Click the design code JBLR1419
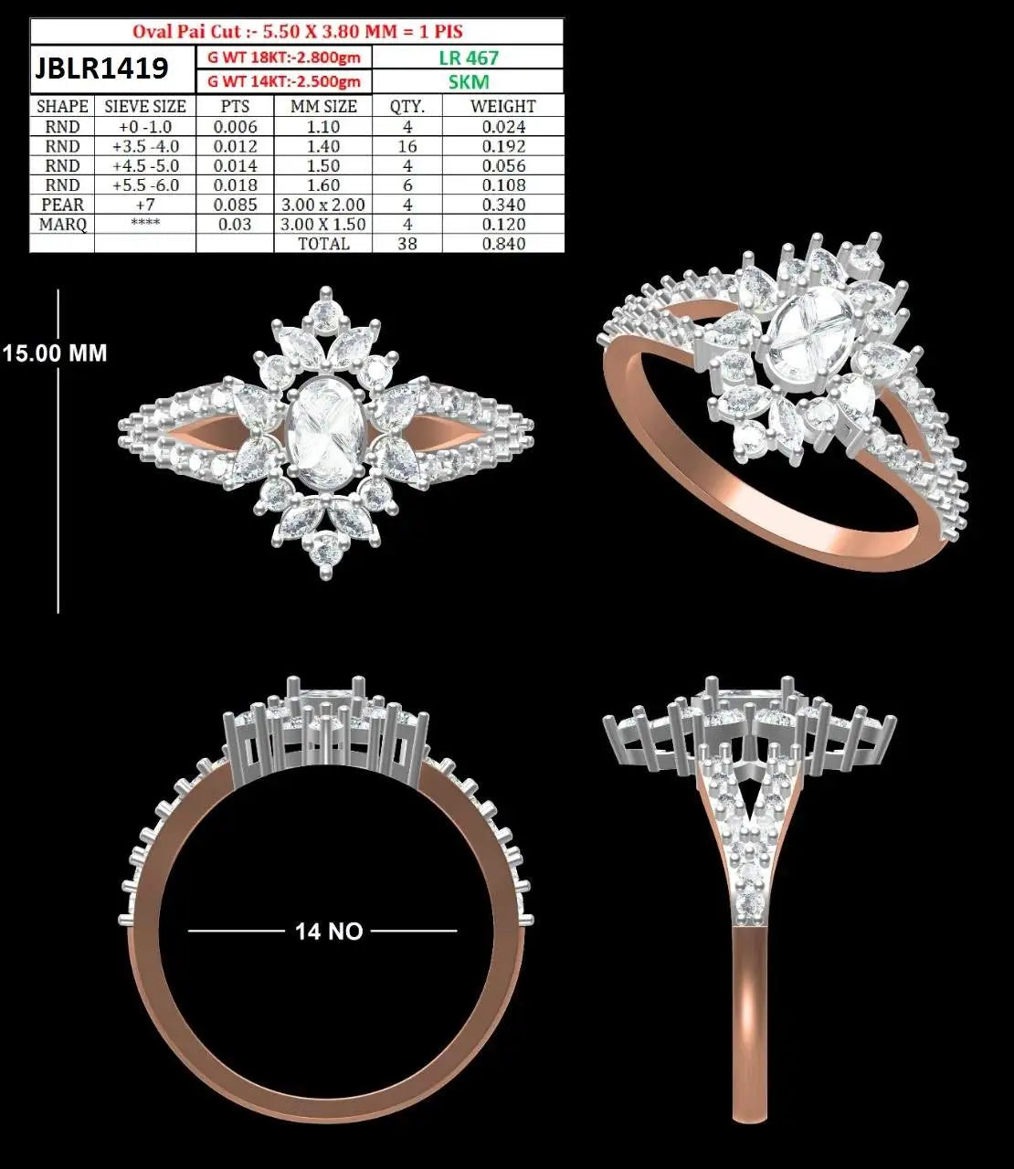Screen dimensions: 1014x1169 click(x=101, y=68)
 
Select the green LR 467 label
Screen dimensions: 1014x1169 click(x=469, y=58)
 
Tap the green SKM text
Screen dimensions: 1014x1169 click(x=469, y=82)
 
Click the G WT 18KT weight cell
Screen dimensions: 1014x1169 click(x=284, y=58)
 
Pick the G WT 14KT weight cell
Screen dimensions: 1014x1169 click(x=284, y=81)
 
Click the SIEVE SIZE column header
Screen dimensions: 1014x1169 click(x=145, y=106)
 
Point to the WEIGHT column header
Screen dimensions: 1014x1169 click(x=503, y=106)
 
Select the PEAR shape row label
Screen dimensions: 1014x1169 click(x=62, y=205)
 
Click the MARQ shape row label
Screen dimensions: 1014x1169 click(x=62, y=224)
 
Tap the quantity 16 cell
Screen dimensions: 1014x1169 click(x=407, y=146)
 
